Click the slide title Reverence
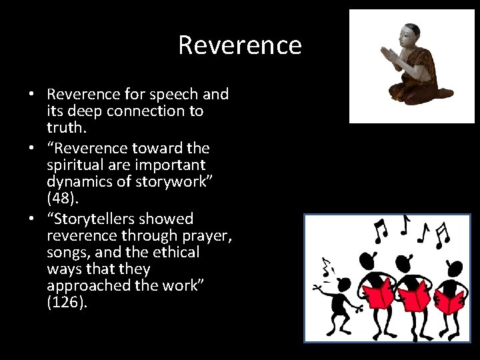click(240, 45)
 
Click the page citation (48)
click(61, 198)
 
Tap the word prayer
click(207, 235)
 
